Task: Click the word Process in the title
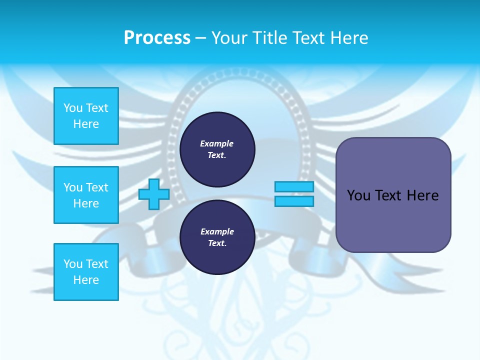click(157, 38)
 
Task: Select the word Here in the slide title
click(348, 38)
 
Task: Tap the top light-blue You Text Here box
click(86, 116)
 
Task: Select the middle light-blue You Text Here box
click(86, 195)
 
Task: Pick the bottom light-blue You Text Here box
click(86, 272)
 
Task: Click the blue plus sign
click(154, 194)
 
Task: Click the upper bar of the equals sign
click(294, 186)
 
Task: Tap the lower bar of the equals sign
click(294, 201)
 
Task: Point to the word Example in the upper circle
click(217, 143)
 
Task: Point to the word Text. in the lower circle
click(217, 243)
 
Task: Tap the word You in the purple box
click(358, 195)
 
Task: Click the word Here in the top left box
click(86, 124)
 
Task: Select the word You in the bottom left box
click(73, 264)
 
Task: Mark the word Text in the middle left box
click(97, 187)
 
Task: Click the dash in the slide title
click(201, 38)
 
